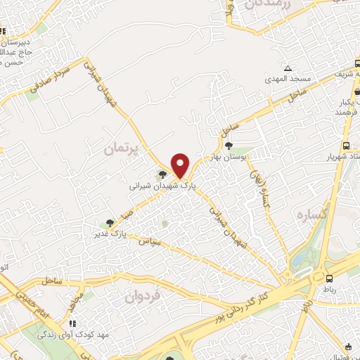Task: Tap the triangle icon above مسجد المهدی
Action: (x=288, y=68)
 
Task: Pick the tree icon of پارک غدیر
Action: (x=109, y=223)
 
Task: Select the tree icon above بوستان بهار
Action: (x=229, y=145)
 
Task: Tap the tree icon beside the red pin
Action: (x=163, y=175)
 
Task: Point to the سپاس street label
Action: (x=150, y=242)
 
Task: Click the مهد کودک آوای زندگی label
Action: (x=75, y=334)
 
